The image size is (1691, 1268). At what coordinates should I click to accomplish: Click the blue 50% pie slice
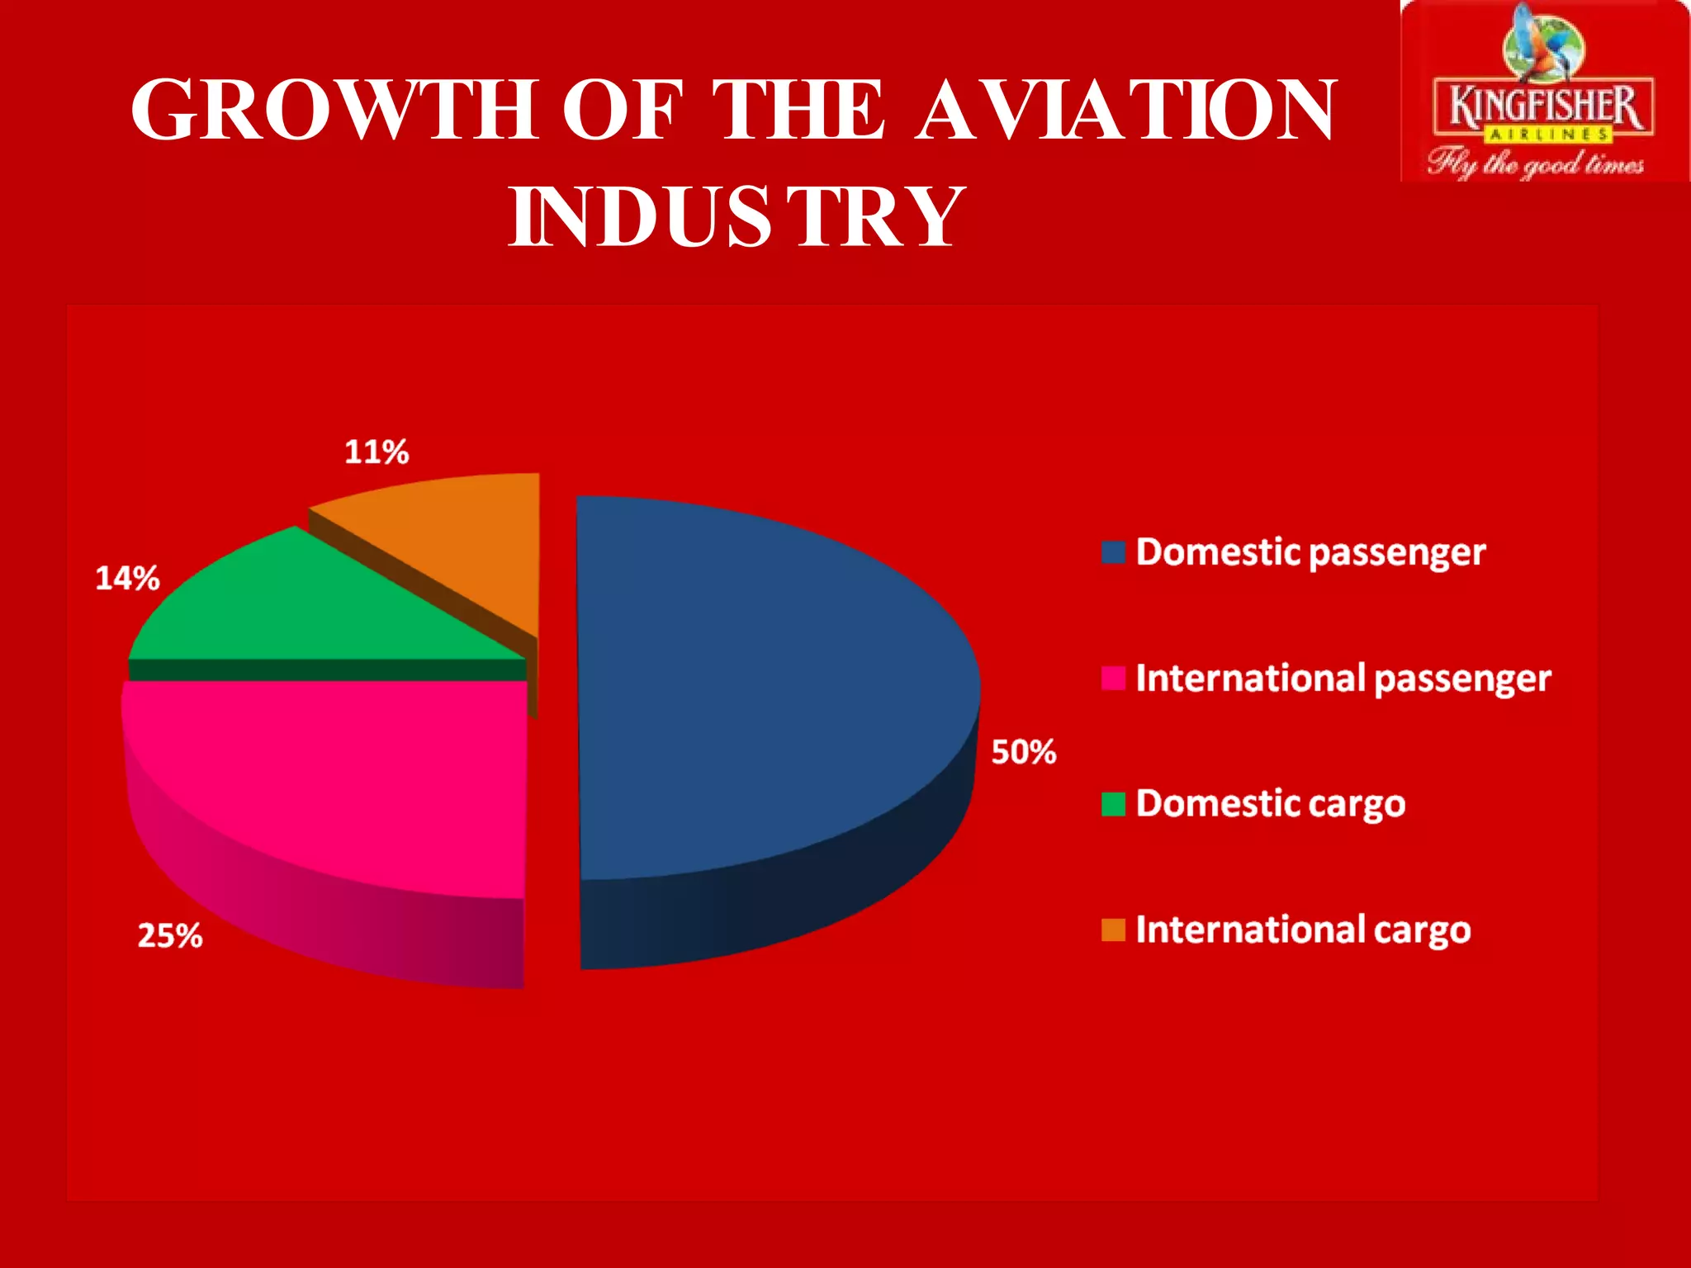[x=768, y=693]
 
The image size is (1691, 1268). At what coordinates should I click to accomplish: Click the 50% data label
[x=1024, y=752]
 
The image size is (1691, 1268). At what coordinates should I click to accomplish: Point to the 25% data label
[x=170, y=935]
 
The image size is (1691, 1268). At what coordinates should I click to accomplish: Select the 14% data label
[x=127, y=578]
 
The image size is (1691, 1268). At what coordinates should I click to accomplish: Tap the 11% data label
[x=377, y=452]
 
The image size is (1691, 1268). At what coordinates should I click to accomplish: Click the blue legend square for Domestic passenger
[x=1113, y=552]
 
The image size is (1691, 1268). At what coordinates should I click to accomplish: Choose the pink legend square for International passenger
[x=1113, y=678]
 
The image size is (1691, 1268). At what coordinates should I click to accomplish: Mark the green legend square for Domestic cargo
[x=1113, y=804]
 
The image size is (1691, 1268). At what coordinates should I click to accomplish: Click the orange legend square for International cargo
[x=1113, y=930]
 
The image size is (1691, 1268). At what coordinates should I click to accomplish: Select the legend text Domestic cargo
[x=1270, y=804]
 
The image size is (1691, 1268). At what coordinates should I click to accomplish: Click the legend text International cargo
[x=1303, y=930]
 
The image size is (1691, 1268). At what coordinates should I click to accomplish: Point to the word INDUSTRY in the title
[x=735, y=216]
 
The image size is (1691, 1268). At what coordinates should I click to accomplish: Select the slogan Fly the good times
[x=1536, y=163]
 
